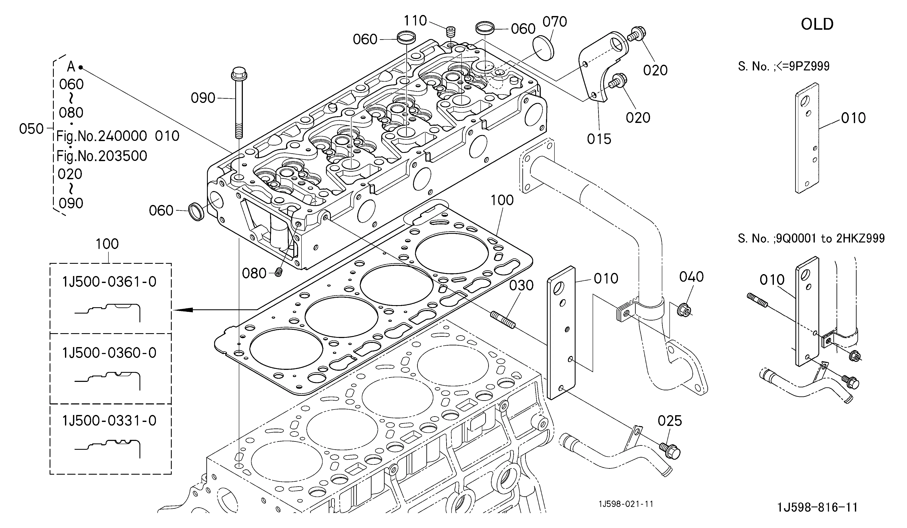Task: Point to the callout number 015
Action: [599, 139]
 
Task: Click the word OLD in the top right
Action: [817, 24]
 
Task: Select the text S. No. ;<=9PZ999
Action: [784, 66]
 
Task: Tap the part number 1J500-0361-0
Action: [109, 282]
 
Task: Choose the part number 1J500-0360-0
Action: [109, 353]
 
